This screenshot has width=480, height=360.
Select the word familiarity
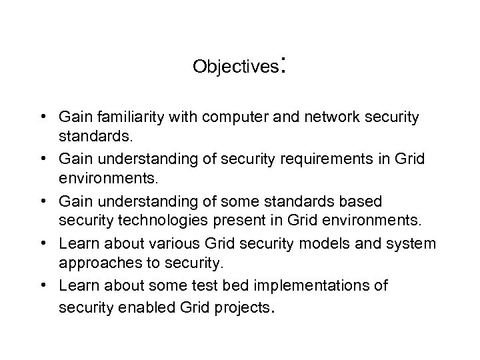126,117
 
